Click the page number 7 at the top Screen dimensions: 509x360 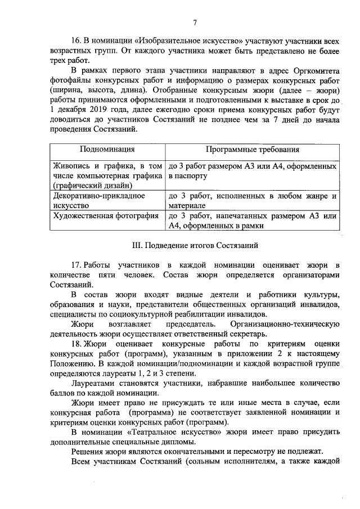pyautogui.click(x=195, y=22)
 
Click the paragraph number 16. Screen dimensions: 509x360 pyautogui.click(x=75, y=42)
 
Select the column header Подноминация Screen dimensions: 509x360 pyautogui.click(x=107, y=150)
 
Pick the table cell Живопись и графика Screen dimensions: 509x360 pyautogui.click(x=107, y=175)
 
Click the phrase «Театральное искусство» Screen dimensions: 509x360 pyautogui.click(x=188, y=431)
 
